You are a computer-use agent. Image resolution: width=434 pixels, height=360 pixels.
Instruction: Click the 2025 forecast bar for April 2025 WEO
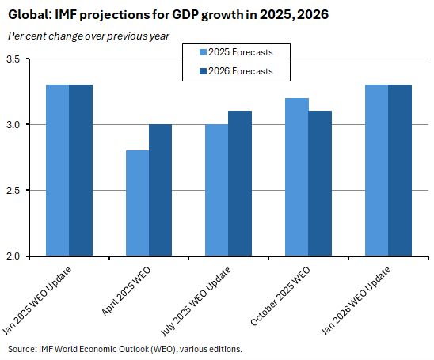click(137, 203)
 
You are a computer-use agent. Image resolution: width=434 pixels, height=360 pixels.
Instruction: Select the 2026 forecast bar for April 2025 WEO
click(160, 190)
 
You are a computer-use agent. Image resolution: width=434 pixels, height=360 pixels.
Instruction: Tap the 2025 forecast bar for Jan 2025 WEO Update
click(58, 170)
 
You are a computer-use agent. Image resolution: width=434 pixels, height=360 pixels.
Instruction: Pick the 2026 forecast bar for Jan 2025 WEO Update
click(81, 170)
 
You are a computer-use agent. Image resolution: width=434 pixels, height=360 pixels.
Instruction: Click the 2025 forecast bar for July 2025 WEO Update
click(216, 190)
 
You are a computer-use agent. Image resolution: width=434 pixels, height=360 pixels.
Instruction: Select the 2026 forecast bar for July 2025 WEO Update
click(239, 184)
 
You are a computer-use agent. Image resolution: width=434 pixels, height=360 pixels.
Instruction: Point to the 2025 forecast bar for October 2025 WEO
click(297, 177)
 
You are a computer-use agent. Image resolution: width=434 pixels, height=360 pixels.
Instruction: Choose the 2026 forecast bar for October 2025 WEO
click(320, 184)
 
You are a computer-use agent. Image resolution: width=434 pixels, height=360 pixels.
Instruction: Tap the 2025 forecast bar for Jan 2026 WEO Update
click(377, 170)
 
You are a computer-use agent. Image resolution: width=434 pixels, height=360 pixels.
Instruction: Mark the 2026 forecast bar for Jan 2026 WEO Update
click(400, 170)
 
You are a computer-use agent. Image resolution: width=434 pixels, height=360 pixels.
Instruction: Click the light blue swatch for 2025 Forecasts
click(201, 53)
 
